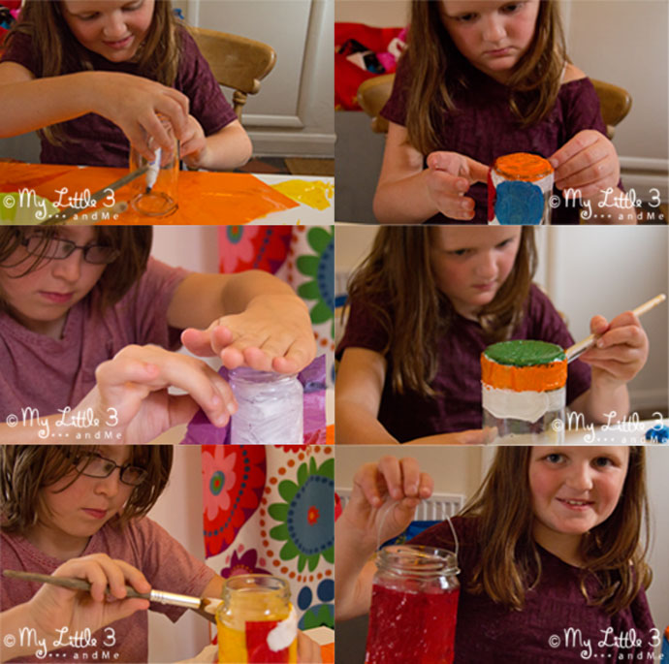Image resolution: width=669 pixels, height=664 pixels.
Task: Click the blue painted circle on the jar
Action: tap(519, 203)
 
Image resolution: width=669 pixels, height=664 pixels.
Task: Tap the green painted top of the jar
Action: tap(525, 353)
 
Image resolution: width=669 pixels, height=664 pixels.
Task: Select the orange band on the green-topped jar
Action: tap(524, 373)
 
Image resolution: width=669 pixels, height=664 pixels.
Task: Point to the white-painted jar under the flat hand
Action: tap(267, 406)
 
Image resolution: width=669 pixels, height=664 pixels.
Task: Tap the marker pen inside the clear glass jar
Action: tap(152, 170)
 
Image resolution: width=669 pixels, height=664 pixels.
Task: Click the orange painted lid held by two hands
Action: tap(524, 166)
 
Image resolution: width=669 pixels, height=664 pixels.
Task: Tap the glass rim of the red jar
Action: tap(417, 555)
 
